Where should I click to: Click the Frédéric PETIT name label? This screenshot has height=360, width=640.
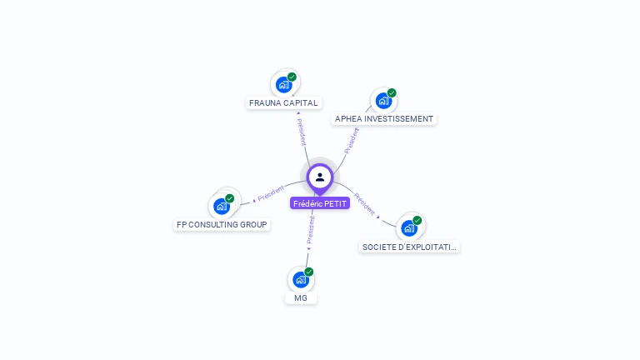[x=320, y=203]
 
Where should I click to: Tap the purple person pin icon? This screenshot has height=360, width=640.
[x=320, y=177]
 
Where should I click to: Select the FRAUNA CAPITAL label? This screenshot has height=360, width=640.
[x=284, y=103]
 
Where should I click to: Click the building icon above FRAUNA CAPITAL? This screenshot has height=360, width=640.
[x=284, y=85]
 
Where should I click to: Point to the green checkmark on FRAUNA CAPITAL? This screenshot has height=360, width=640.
[x=292, y=77]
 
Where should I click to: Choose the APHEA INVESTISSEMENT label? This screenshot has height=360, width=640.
[x=384, y=119]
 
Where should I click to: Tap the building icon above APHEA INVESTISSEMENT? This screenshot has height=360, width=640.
[x=383, y=101]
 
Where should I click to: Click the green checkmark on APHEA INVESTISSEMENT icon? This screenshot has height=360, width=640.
[x=392, y=92]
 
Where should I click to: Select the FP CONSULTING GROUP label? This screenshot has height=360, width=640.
[x=222, y=225]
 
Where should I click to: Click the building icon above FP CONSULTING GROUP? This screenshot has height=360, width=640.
[x=221, y=206]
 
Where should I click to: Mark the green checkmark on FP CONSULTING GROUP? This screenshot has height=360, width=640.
[x=230, y=198]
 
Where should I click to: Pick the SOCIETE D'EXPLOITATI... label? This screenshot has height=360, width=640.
[x=409, y=247]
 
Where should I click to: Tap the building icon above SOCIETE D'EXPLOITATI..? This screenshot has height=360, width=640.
[x=408, y=228]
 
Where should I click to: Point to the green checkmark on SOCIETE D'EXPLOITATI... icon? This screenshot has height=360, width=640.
[x=417, y=221]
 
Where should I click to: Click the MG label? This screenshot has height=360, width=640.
[x=301, y=298]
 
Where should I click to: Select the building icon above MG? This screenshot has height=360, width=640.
[x=301, y=280]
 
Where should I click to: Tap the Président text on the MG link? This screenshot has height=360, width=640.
[x=311, y=230]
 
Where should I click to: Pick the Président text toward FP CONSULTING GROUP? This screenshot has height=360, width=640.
[x=271, y=193]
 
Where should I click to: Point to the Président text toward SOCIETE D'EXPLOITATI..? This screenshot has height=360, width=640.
[x=365, y=204]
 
